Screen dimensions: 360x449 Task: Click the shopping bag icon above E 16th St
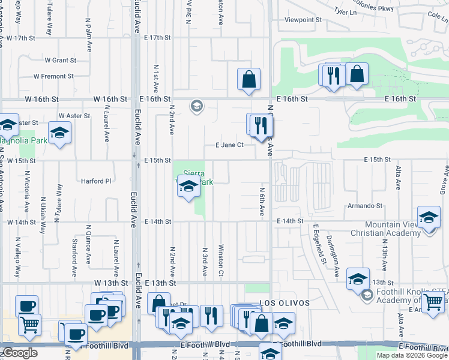point(249,79)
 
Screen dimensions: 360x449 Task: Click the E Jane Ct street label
point(229,145)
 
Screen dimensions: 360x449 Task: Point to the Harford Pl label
point(97,181)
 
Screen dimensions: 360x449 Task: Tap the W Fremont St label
point(53,76)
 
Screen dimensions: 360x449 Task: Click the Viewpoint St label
point(303,20)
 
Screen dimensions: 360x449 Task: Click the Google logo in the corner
point(20,353)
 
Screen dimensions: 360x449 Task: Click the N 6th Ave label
point(262,201)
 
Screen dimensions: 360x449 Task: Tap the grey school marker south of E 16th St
point(196,107)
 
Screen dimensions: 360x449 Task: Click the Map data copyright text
point(412,355)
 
